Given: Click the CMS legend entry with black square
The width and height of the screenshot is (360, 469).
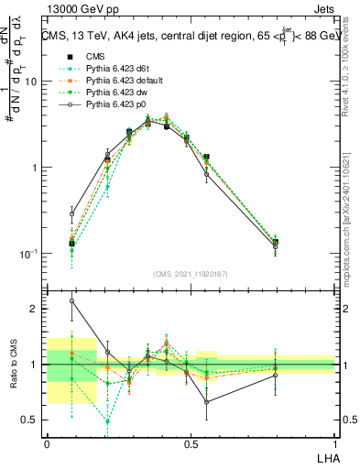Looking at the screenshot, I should pyautogui.click(x=93, y=57).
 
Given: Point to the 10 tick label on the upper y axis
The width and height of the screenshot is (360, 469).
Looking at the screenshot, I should pyautogui.click(x=31, y=82).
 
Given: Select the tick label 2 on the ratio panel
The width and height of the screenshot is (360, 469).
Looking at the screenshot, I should pyautogui.click(x=35, y=309).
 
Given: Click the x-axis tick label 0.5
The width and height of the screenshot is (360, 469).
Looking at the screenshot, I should pyautogui.click(x=191, y=442).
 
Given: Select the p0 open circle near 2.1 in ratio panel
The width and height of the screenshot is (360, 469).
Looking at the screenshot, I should pyautogui.click(x=72, y=300).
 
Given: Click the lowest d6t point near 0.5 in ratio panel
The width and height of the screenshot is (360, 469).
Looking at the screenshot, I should pyautogui.click(x=108, y=421).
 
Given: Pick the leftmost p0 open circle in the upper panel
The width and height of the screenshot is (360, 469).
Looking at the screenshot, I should pyautogui.click(x=72, y=213).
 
